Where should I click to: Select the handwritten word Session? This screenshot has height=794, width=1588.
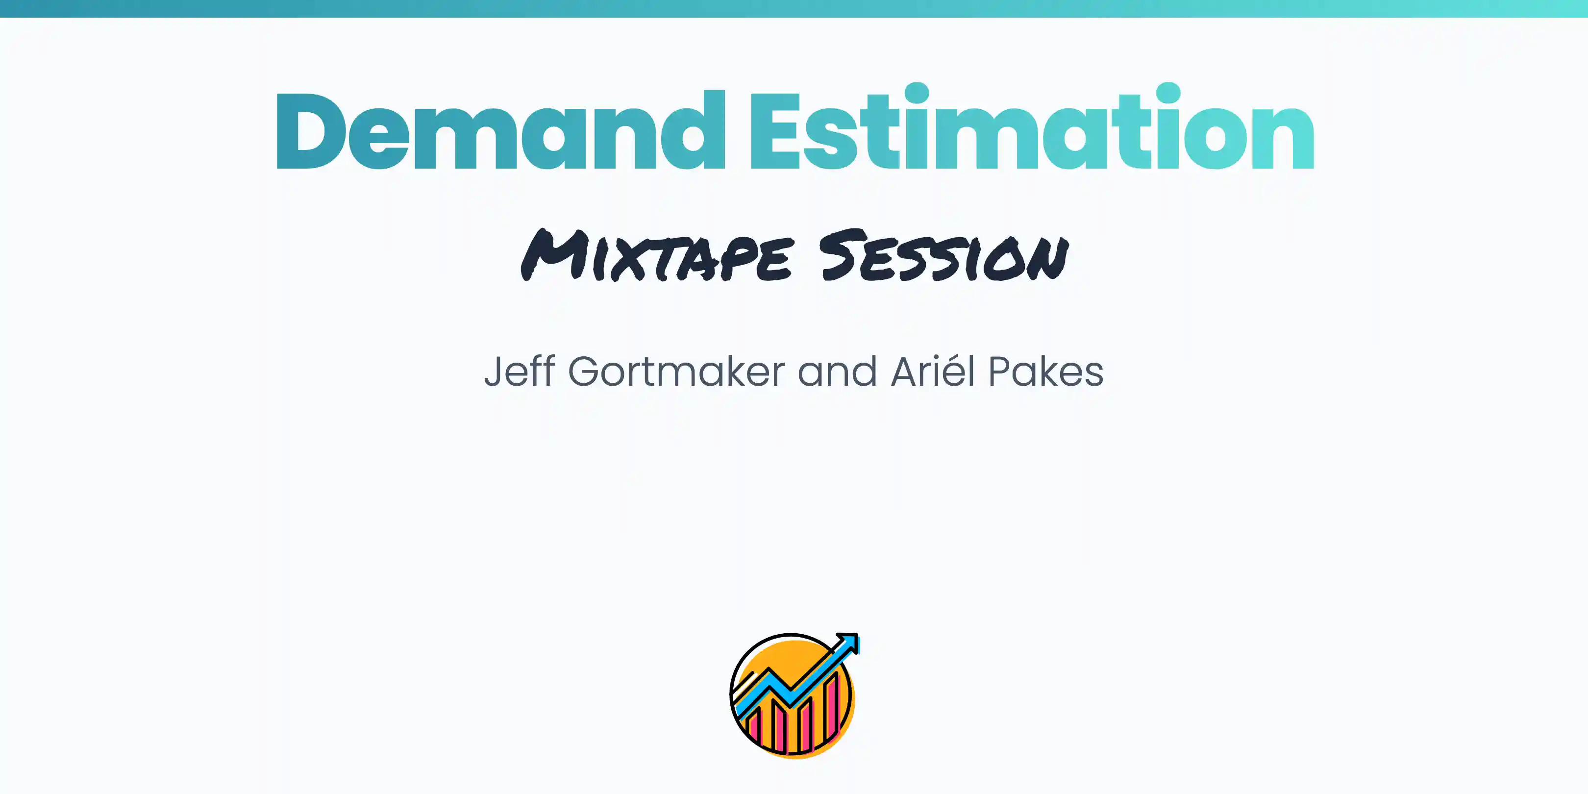tap(943, 256)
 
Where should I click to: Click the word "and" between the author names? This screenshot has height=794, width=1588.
tap(837, 372)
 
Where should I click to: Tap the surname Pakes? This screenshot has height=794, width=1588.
tap(1045, 372)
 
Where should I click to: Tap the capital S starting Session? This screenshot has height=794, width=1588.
tap(840, 254)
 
